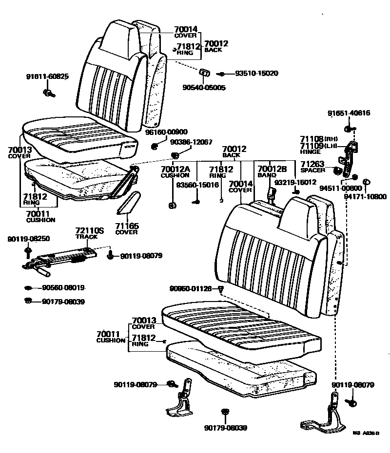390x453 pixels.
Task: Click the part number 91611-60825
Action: pos(47,76)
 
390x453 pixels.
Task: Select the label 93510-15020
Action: pos(256,74)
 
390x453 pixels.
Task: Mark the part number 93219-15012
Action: pos(295,182)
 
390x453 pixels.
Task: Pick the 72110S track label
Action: pos(86,230)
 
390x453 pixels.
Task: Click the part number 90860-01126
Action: pos(191,289)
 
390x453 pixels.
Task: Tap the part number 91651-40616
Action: pos(349,113)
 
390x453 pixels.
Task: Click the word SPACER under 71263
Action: pos(312,170)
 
